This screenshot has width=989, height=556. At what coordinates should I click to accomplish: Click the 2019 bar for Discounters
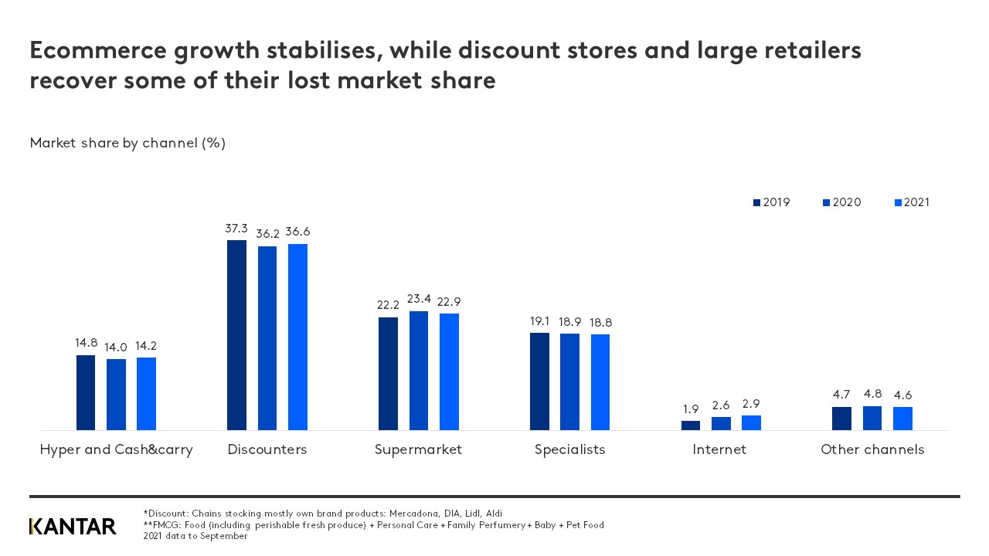[x=236, y=335]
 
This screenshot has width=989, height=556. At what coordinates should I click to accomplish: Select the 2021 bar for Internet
[x=751, y=422]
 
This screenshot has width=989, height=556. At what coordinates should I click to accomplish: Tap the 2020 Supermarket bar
[x=419, y=371]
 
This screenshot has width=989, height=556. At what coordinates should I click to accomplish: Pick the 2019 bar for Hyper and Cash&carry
[x=86, y=392]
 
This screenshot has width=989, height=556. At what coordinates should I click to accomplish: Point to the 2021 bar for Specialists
[x=600, y=382]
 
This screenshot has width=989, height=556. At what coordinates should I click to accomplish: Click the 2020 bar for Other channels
[x=872, y=418]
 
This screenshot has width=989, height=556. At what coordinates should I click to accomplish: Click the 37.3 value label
[x=236, y=229]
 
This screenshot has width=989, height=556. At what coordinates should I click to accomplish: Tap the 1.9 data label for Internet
[x=690, y=409]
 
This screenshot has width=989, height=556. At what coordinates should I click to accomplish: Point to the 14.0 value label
[x=116, y=347]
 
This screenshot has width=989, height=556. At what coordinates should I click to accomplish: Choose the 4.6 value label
[x=902, y=395]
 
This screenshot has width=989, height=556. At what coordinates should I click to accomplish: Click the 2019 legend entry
[x=771, y=202]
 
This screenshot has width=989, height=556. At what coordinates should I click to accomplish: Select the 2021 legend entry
[x=912, y=202]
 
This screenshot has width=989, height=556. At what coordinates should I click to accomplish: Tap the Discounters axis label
[x=267, y=449]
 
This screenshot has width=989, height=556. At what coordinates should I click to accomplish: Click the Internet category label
[x=719, y=449]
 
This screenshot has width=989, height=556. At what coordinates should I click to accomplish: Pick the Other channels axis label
[x=872, y=449]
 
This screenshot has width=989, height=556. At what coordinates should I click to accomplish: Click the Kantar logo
[x=73, y=526]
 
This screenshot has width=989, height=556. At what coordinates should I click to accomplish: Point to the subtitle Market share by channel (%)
[x=127, y=143]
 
